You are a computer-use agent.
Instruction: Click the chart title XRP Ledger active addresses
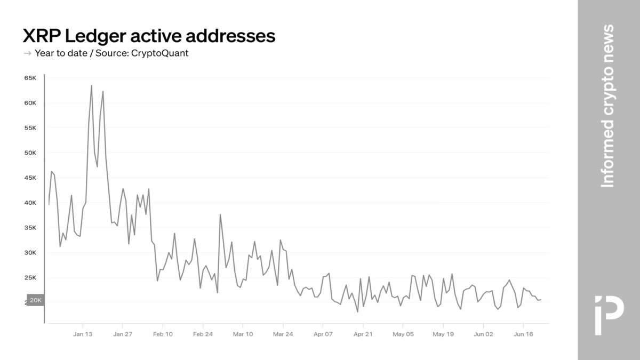(149, 36)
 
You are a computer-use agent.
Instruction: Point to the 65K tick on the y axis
(29, 78)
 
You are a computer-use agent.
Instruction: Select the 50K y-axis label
(29, 153)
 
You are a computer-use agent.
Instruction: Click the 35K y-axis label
(29, 228)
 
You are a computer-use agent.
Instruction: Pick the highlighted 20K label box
(35, 301)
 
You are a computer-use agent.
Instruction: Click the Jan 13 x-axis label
(83, 334)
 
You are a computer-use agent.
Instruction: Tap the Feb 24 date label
(203, 334)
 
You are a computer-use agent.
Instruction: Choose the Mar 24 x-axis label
(283, 334)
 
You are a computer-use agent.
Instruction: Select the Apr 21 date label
(363, 334)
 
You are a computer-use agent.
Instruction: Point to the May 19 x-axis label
(443, 334)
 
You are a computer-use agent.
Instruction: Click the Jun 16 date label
(523, 334)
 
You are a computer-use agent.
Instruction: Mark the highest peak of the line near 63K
(91, 85)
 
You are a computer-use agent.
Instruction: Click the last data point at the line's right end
(541, 300)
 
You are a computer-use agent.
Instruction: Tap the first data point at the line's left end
(49, 204)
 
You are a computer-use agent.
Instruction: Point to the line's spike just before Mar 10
(220, 214)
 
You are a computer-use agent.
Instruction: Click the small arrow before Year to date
(27, 53)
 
